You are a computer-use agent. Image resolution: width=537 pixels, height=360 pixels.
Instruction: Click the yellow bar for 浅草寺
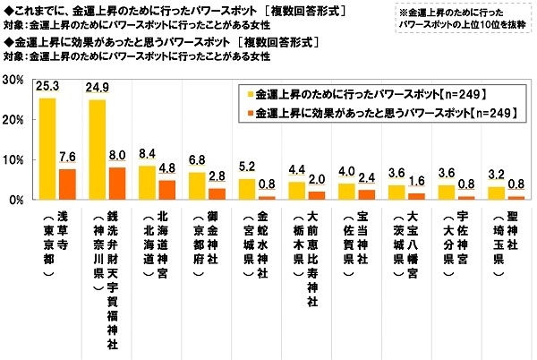pyautogui.click(x=47, y=149)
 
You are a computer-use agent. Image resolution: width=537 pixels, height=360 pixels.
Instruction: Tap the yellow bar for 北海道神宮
pyautogui.click(x=147, y=183)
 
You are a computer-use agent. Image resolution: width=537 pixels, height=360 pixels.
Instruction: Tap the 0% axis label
pyautogui.click(x=15, y=200)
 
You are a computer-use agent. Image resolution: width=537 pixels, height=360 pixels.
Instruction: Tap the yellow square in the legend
pyautogui.click(x=248, y=93)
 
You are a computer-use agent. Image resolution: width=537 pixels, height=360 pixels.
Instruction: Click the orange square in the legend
pyautogui.click(x=248, y=114)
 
